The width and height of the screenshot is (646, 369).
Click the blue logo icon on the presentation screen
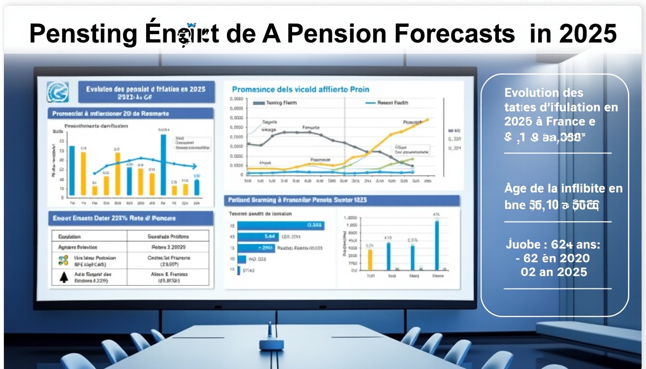58,92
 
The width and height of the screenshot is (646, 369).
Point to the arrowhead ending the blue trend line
195,167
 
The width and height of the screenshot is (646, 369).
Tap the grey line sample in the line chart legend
259,103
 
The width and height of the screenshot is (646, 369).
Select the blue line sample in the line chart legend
370,103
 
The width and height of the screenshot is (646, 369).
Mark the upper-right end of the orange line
427,120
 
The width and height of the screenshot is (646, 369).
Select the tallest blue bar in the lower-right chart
437,245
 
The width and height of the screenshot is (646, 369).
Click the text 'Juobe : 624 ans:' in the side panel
553,245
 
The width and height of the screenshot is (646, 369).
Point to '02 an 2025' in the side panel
554,271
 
